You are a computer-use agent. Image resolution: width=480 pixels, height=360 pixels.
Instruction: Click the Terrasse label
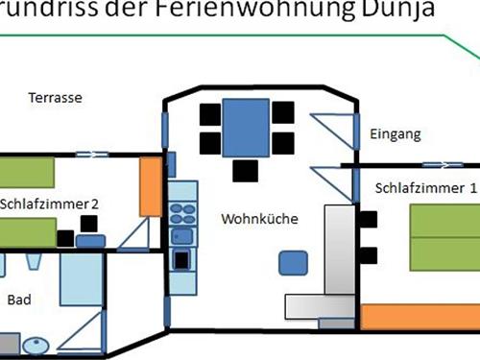tap(54, 98)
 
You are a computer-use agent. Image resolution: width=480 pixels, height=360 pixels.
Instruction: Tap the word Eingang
tap(395, 135)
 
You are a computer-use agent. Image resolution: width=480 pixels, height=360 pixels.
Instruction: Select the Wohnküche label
tap(259, 219)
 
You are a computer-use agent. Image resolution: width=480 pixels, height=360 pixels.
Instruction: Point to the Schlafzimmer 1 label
tap(425, 188)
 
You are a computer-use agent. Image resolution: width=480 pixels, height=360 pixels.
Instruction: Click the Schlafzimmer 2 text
tap(50, 204)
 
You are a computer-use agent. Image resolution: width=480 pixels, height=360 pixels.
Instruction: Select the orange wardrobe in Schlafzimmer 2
tap(149, 186)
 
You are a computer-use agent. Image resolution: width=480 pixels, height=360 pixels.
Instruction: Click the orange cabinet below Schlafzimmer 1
tap(421, 317)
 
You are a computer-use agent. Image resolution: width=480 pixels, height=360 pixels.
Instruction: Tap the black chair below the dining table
tap(246, 171)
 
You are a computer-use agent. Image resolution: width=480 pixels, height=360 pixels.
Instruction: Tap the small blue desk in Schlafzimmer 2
tap(90, 240)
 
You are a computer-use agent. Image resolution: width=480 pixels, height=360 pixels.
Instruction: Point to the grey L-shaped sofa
tap(332, 269)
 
